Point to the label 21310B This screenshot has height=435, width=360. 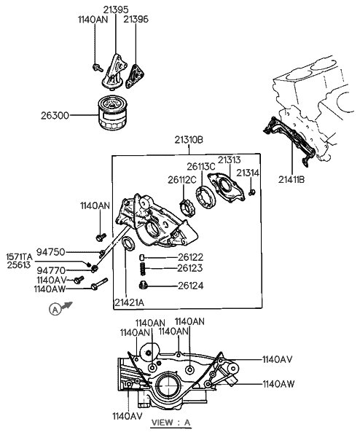(x=190, y=140)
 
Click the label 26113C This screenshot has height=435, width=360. (x=203, y=166)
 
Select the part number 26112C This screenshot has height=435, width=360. (x=181, y=179)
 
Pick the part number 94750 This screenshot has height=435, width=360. (x=51, y=252)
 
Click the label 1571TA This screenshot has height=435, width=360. (x=20, y=256)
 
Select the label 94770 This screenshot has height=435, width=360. (x=51, y=270)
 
